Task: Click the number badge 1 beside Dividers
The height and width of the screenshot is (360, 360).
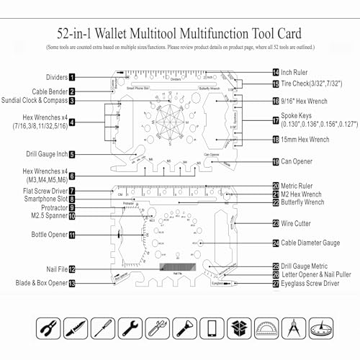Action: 73,76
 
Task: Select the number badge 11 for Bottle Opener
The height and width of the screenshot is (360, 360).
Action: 73,235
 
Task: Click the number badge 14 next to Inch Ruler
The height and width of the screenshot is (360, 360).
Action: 276,73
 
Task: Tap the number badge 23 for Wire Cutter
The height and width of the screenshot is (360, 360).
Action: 276,223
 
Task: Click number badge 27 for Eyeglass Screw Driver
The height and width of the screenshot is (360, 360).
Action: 276,284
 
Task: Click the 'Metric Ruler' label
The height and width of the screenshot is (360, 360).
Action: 303,185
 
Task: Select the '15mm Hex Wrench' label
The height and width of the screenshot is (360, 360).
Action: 310,140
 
